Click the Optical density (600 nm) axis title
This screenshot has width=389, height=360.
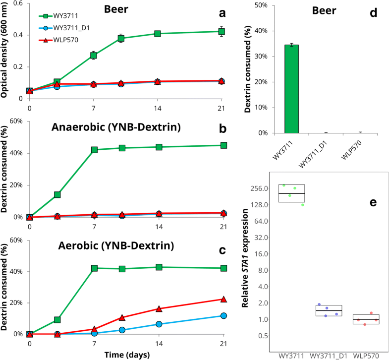click(x=6, y=49)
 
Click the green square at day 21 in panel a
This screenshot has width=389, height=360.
click(x=223, y=32)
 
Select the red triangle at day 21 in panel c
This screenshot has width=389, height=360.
click(x=223, y=300)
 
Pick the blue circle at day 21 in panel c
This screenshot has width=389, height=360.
click(x=223, y=316)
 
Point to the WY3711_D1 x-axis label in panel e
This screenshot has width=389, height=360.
click(x=328, y=356)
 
